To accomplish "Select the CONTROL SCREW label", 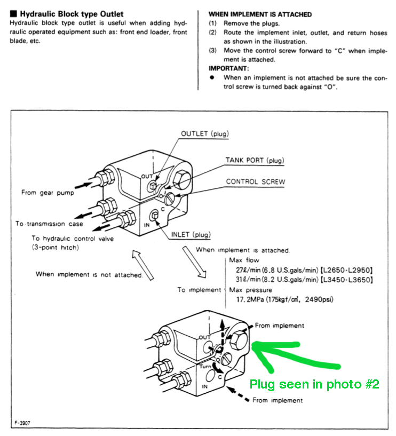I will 255,181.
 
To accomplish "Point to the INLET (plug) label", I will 191,235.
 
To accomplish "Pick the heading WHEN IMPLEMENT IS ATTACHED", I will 260,14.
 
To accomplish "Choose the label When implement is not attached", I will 89,274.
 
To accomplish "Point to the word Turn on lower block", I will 207,368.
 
